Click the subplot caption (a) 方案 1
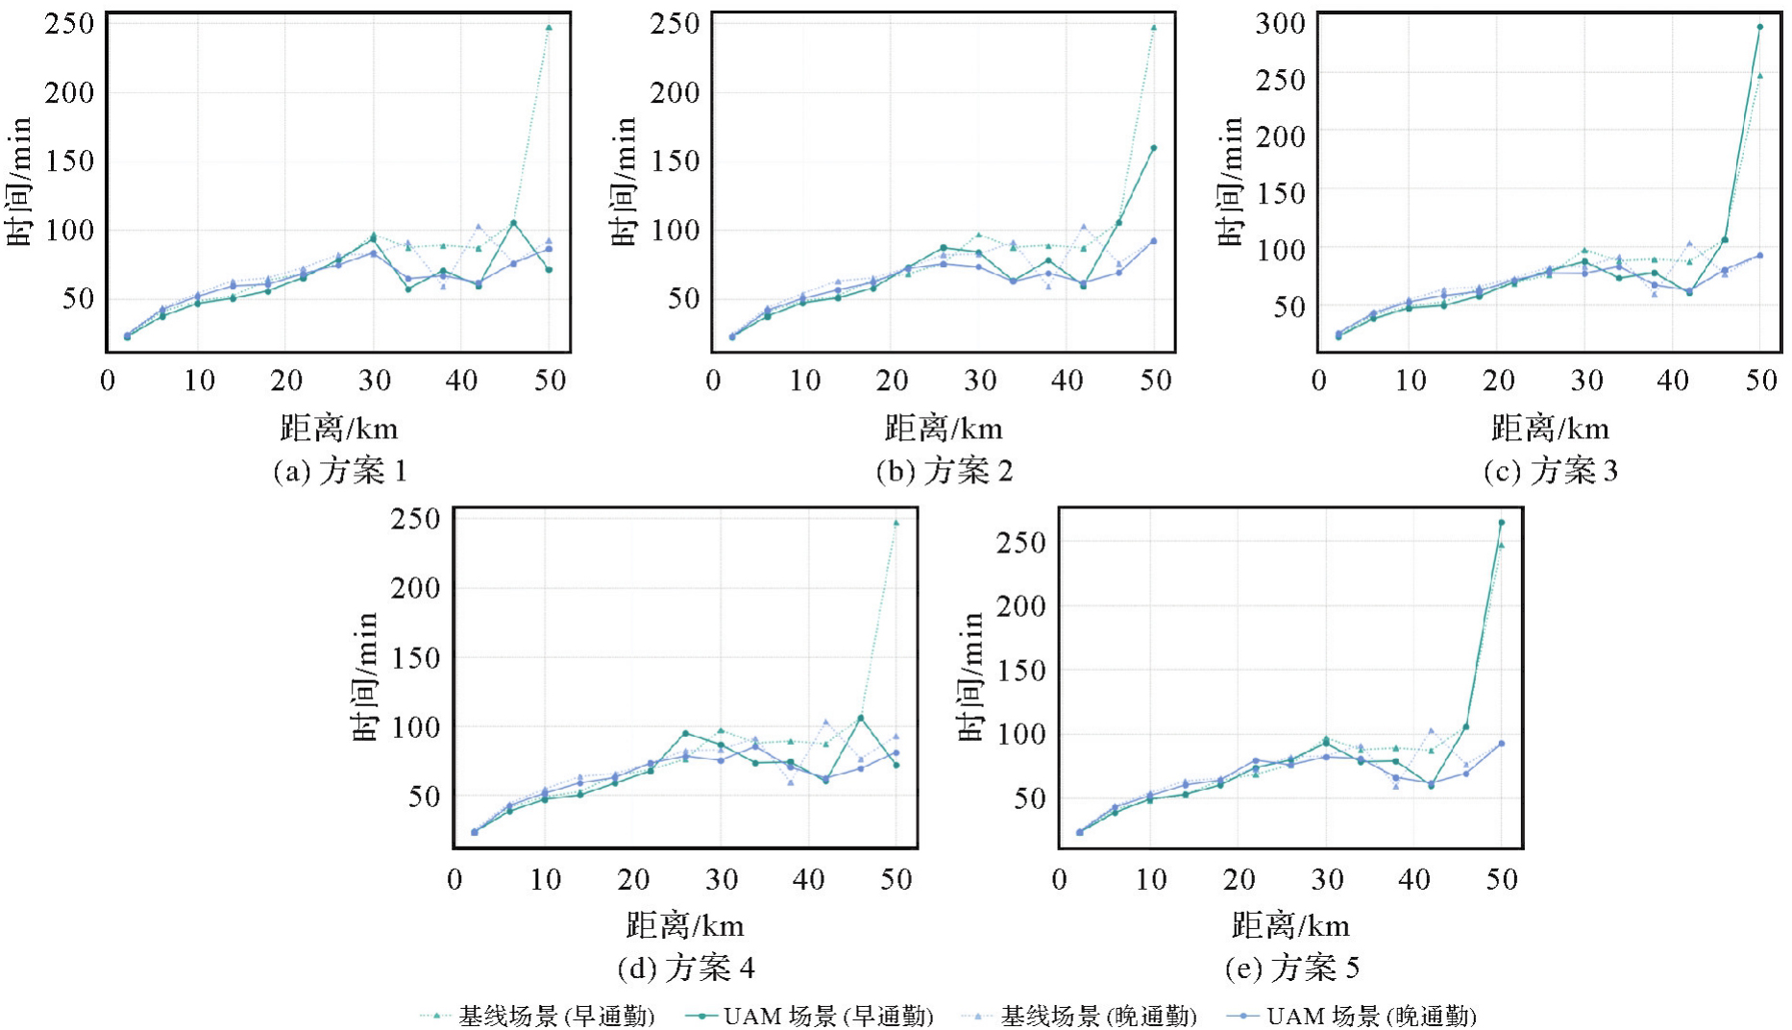point(340,471)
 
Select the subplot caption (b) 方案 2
point(945,471)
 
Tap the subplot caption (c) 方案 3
point(1551,471)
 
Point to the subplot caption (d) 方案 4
point(686,968)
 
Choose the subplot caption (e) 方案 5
point(1291,968)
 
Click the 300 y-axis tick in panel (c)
point(1280,23)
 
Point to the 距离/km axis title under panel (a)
point(339,428)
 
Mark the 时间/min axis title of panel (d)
point(365,677)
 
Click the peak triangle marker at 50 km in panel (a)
point(549,28)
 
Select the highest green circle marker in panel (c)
point(1759,27)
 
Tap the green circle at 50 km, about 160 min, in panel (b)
point(1153,148)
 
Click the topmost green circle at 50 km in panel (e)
point(1501,523)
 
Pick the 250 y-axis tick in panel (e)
point(1020,543)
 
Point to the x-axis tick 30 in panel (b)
point(979,380)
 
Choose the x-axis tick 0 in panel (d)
point(454,878)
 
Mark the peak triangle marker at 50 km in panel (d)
point(896,524)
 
